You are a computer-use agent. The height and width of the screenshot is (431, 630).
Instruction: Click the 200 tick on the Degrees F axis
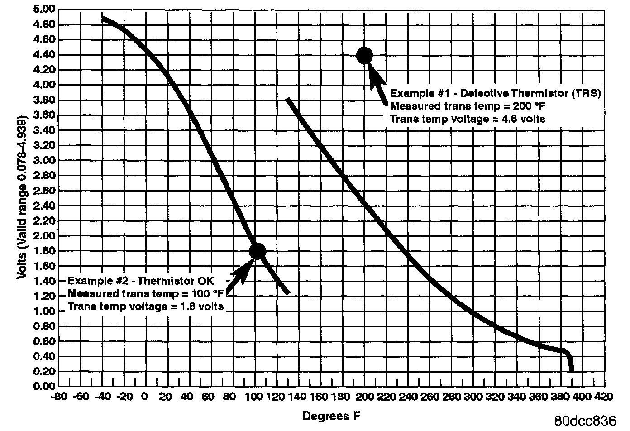(x=365, y=397)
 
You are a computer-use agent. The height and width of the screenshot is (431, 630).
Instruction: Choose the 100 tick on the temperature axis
(x=256, y=397)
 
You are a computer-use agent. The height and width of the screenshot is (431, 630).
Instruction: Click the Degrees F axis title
(x=331, y=416)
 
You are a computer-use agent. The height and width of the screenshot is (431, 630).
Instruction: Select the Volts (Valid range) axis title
(x=22, y=198)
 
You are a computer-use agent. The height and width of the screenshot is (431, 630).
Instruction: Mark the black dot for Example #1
(x=364, y=56)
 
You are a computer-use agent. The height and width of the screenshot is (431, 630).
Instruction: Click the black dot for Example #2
(x=257, y=251)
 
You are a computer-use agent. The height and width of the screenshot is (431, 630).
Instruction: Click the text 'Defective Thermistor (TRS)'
(x=525, y=93)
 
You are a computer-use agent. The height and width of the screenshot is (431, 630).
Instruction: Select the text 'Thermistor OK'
(x=185, y=281)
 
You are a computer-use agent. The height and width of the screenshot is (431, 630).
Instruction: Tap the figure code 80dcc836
(x=585, y=420)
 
